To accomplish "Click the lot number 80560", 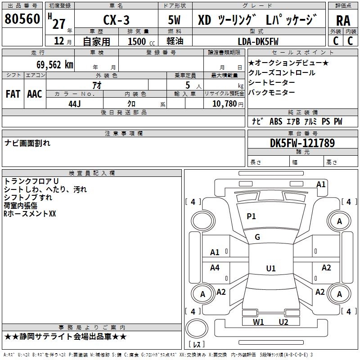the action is pos(22,19).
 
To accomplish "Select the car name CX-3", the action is pos(116,20).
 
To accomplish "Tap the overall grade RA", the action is pos(343,21).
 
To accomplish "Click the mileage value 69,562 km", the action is pos(55,65).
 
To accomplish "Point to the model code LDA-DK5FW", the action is pos(258,41).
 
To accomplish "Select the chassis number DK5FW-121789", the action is pos(302,143).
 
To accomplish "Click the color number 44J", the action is pos(75,104).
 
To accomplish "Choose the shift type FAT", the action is pos(13,94).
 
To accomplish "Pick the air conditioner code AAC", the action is pos(35,94).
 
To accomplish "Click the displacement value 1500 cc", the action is pos(141,41).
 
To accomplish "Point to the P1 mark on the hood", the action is pos(251,216).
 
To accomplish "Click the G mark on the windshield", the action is pos(257,237).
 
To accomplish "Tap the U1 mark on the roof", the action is pos(271,268).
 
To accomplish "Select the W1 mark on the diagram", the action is pos(258,322).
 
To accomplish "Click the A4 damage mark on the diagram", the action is pos(215,267).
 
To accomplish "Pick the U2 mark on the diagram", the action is pos(283,322).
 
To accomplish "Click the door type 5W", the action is pos(174,20).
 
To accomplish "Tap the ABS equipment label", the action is pos(276,121).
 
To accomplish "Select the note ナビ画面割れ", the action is pos(27,143).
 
